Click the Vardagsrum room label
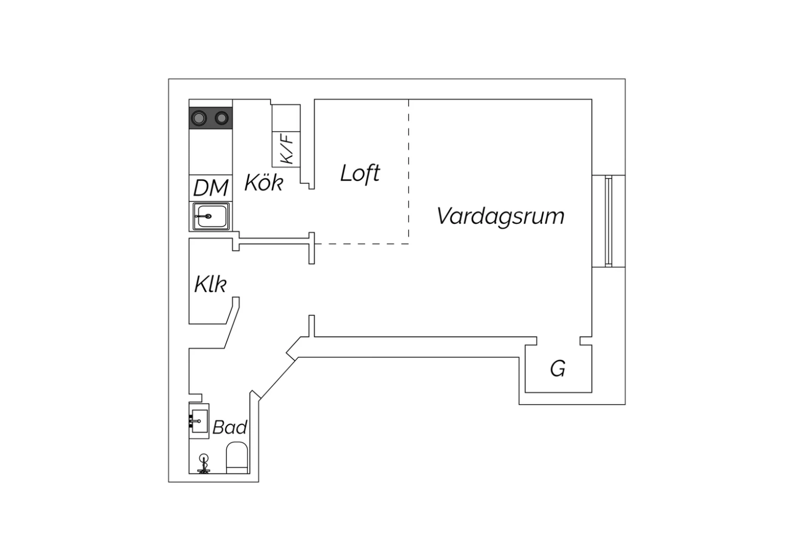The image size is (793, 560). [x=501, y=216]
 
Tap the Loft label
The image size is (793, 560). [x=360, y=173]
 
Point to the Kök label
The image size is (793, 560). [x=264, y=183]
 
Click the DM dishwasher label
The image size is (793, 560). [x=210, y=188]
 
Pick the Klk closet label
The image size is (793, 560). [x=210, y=284]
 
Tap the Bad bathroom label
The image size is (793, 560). [x=230, y=427]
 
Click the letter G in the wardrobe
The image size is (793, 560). [x=558, y=369]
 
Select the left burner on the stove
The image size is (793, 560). [x=199, y=118]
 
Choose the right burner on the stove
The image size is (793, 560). [x=222, y=118]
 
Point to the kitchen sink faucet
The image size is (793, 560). [x=203, y=216]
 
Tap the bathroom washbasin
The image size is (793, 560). [x=199, y=421]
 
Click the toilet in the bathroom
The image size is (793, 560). [x=237, y=458]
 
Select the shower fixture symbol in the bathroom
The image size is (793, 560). [x=204, y=464]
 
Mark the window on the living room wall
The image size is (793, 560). [x=608, y=221]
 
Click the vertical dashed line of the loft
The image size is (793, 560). [x=409, y=172]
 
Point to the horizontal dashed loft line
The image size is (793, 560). [x=362, y=244]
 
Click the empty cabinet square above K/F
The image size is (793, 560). [x=286, y=118]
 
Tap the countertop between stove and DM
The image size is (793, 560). [x=210, y=152]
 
